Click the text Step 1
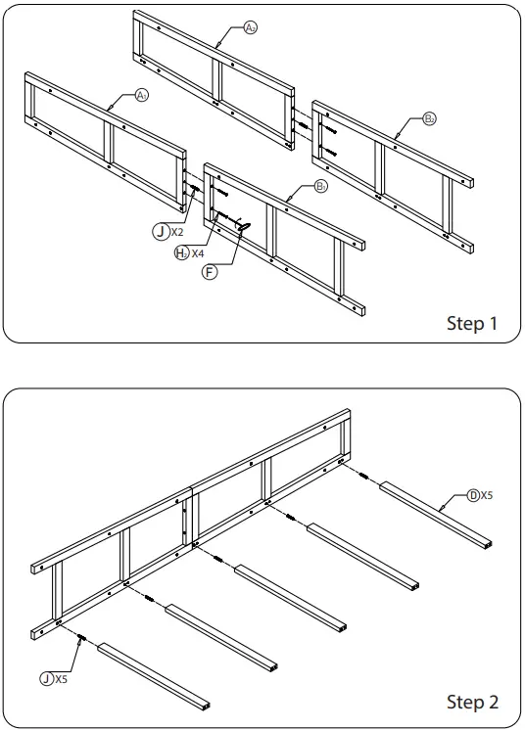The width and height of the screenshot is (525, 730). tap(472, 323)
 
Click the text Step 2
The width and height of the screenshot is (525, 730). tap(472, 702)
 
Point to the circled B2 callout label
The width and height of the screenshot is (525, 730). tap(429, 119)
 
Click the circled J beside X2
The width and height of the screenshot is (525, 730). tap(160, 232)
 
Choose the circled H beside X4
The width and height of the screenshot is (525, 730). tap(182, 252)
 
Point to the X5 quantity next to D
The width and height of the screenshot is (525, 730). tap(487, 496)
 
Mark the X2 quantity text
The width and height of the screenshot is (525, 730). tap(177, 232)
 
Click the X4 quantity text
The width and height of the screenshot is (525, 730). tap(198, 252)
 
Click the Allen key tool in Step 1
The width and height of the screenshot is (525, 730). tap(242, 225)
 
